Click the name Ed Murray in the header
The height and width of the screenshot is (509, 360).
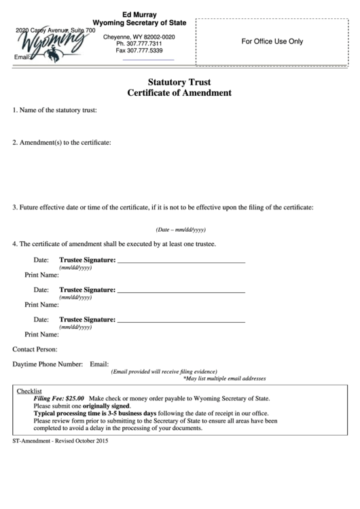(139, 14)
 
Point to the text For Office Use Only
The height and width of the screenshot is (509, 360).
(272, 41)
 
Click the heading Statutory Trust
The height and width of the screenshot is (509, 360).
(179, 81)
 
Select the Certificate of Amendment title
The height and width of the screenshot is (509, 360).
(179, 92)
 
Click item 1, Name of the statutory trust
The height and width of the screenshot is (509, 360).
(55, 109)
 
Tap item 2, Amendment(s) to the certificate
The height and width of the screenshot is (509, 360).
(62, 143)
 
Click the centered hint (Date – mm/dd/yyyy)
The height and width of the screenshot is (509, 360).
(180, 230)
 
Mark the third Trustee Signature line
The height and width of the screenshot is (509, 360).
(181, 320)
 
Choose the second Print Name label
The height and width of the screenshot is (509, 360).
(41, 305)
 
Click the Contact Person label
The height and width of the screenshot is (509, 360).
(35, 349)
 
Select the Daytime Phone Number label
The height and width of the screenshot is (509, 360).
(48, 364)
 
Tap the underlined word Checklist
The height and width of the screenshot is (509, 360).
(29, 391)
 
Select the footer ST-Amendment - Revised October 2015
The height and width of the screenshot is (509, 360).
(60, 441)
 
